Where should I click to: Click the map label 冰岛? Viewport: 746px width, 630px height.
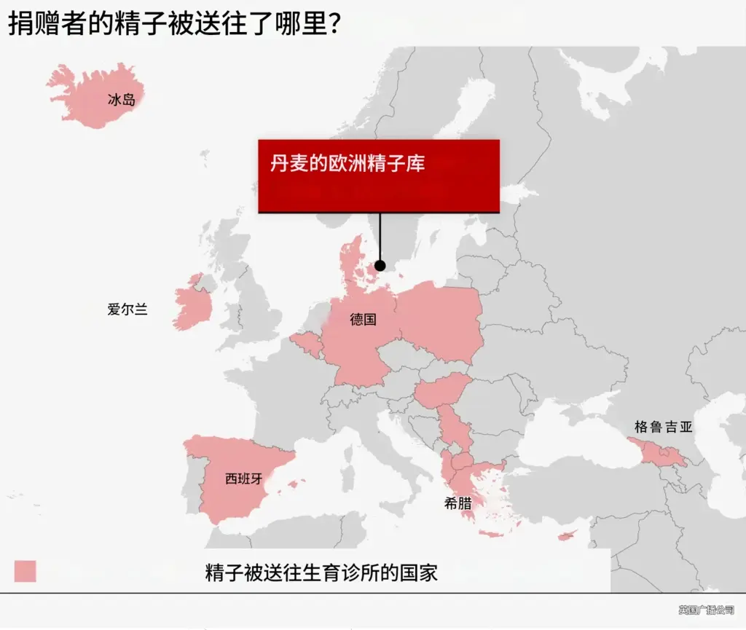click(x=122, y=100)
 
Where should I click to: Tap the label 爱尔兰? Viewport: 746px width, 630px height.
click(x=127, y=310)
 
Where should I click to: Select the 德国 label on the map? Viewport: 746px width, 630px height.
click(x=363, y=319)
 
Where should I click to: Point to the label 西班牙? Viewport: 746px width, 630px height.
click(x=243, y=479)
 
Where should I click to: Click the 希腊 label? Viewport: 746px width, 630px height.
click(x=458, y=503)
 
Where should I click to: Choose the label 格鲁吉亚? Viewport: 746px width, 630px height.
click(x=663, y=428)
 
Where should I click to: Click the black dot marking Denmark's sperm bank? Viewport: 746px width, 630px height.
click(x=380, y=266)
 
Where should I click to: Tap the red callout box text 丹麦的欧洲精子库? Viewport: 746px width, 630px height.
click(x=348, y=164)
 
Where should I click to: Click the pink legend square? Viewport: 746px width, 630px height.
click(x=25, y=571)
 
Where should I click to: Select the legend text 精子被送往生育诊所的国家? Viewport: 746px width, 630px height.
click(x=321, y=572)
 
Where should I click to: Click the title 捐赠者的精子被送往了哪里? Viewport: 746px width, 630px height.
click(x=175, y=23)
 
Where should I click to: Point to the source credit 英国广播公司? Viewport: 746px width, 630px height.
click(x=706, y=610)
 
